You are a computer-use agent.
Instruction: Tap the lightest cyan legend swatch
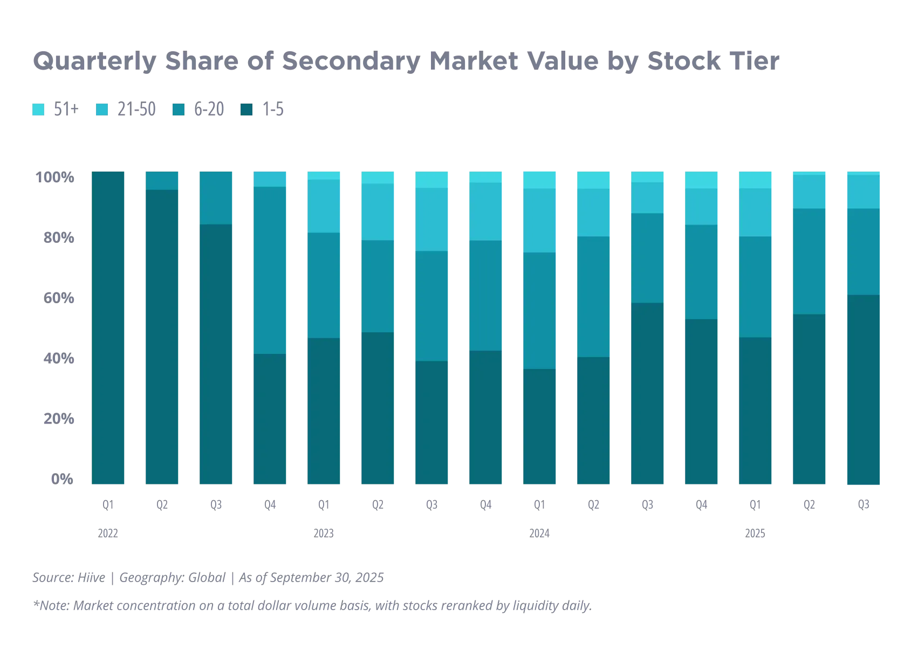click(x=38, y=110)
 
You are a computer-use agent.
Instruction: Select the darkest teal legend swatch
click(x=245, y=110)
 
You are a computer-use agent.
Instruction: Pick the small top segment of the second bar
click(x=162, y=180)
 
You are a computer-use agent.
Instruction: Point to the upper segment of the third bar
click(x=216, y=197)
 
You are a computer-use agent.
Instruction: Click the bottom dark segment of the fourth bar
click(x=270, y=420)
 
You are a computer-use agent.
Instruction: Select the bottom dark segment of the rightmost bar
click(x=863, y=391)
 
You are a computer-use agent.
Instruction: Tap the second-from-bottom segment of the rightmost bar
click(x=863, y=251)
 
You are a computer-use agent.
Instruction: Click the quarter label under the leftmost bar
click(x=107, y=505)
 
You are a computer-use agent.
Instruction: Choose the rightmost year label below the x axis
click(x=755, y=534)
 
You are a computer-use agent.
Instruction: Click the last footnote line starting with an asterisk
click(x=311, y=606)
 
